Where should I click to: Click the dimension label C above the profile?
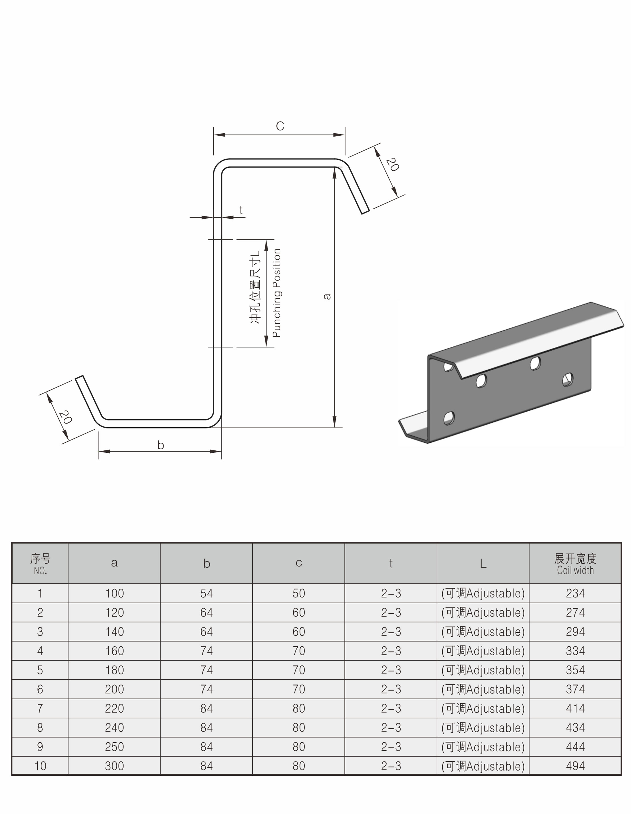(x=280, y=126)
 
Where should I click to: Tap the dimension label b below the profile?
(x=160, y=445)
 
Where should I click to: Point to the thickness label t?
(x=241, y=210)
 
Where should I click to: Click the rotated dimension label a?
(x=327, y=296)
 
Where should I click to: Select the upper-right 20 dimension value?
(x=392, y=164)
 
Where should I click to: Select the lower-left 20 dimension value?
(x=65, y=417)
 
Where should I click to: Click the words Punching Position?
(x=277, y=293)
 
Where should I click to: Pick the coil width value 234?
(x=575, y=593)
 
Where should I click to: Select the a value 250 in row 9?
(x=114, y=747)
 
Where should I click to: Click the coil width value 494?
(x=575, y=766)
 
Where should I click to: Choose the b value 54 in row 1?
(x=206, y=593)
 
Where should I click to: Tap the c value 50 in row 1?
(x=298, y=593)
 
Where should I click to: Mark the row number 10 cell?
(x=40, y=766)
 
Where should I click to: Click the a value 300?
(x=114, y=766)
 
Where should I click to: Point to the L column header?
(x=483, y=564)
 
